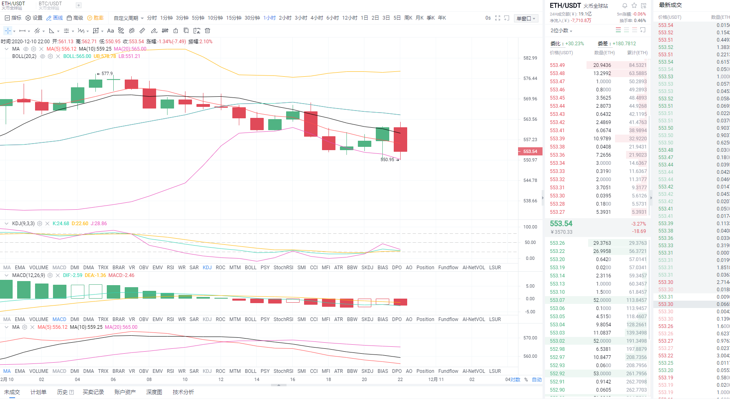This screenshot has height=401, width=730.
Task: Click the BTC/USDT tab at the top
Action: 50,4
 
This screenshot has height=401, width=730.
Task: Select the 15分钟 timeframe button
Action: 234,18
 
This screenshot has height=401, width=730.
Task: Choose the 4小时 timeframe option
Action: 316,18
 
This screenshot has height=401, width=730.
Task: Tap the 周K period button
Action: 408,18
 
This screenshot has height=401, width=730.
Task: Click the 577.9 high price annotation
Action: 107,74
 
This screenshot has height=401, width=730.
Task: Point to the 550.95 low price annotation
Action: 387,160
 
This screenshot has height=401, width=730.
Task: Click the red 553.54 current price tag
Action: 530,151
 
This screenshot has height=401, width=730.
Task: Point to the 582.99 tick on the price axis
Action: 530,58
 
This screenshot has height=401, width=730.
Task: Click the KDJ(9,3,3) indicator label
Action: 23,224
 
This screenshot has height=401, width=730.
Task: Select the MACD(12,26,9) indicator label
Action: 28,275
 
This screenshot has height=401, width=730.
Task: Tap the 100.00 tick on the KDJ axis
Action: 530,227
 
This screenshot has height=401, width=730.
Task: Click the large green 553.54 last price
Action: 561,224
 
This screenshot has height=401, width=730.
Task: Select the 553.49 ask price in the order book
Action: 557,65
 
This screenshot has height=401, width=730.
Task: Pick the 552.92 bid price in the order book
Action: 557,374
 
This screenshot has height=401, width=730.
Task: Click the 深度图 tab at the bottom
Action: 154,392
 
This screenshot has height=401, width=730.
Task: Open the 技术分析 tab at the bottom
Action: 183,392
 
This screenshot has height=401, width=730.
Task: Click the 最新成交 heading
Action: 670,5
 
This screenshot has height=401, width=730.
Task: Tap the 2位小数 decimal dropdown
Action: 561,31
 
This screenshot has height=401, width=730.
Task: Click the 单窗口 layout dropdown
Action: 526,18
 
